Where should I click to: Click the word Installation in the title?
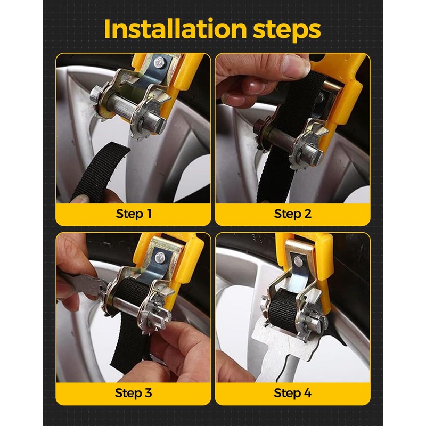pos(175,29)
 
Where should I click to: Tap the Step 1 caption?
pos(134,214)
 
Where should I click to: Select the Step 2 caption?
pos(292,214)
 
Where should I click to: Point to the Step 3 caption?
pos(134,393)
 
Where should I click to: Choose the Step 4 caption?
pos(292,393)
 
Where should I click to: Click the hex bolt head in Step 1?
pos(96,94)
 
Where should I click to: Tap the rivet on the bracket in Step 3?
pos(159,256)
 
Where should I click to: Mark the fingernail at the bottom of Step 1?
pos(81,201)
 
